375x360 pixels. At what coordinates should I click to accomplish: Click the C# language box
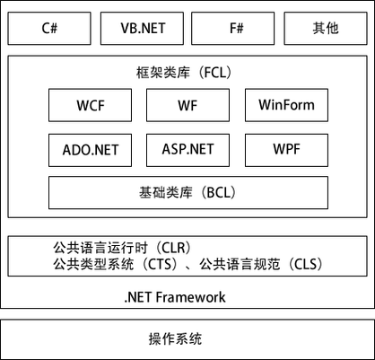(x=49, y=28)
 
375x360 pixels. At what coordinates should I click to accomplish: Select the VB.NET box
(x=142, y=28)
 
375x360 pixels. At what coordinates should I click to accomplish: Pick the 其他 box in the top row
(x=327, y=28)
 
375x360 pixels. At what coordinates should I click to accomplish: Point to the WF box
(x=187, y=104)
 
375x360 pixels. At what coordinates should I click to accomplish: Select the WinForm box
(x=286, y=104)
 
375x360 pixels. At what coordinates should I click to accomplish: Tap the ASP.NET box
(x=187, y=147)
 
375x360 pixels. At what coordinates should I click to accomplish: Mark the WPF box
(x=286, y=147)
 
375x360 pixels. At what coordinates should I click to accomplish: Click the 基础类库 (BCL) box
(x=187, y=192)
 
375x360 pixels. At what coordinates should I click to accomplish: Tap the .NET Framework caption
(x=176, y=296)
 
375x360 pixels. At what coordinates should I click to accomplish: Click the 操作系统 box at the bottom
(x=187, y=339)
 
